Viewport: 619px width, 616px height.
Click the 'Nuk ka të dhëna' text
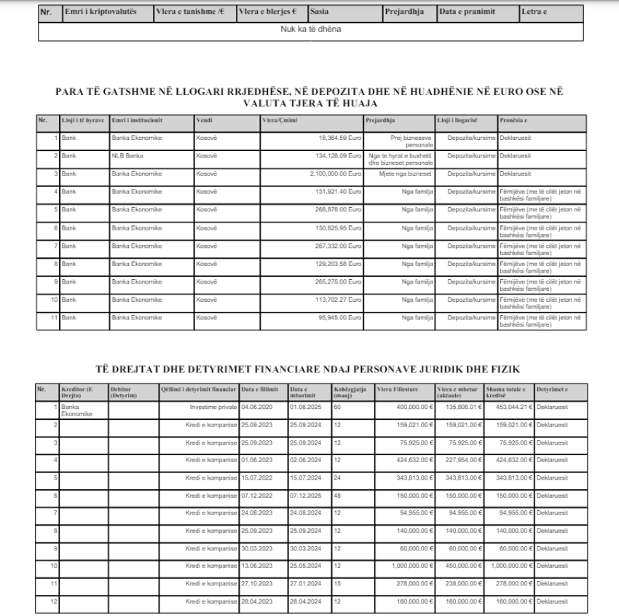310,30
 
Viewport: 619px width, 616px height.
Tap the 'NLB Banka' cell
127,155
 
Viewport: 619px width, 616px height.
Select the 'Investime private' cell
215,408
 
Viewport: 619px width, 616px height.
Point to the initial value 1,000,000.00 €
405,565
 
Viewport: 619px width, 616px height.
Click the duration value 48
338,495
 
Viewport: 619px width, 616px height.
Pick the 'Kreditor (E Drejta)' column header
77,391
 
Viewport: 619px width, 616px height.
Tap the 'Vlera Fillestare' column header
394,389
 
